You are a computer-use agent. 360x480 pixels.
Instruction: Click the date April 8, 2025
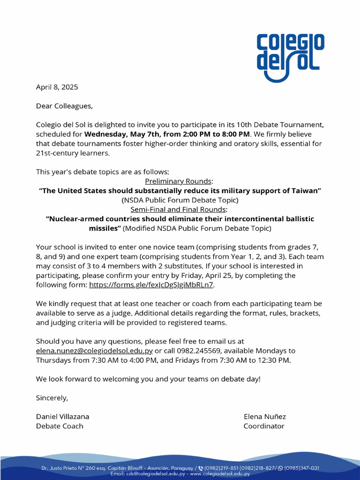57,87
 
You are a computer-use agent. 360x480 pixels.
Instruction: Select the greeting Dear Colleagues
64,106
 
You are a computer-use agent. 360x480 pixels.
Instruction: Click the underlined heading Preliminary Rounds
179,181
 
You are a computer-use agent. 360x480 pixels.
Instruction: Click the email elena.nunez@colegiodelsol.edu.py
94,351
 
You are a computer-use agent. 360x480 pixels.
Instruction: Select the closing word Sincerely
52,398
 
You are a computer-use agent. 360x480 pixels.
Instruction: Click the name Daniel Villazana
62,417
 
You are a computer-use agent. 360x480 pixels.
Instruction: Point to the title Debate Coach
60,426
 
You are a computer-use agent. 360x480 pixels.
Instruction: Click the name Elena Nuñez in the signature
264,417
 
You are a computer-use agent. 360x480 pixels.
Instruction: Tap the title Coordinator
264,426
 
